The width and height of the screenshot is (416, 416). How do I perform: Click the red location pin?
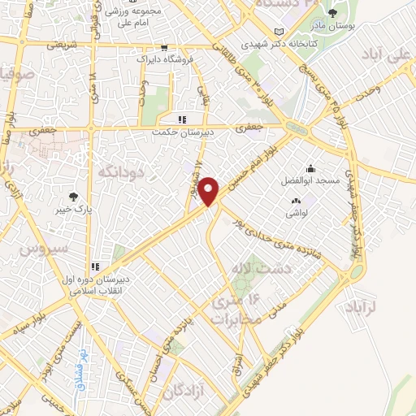[x=210, y=190]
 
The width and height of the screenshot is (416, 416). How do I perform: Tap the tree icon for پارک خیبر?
[x=75, y=196]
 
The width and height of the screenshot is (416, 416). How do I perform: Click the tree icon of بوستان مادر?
[x=332, y=12]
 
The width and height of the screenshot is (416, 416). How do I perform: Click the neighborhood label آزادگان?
[x=183, y=392]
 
